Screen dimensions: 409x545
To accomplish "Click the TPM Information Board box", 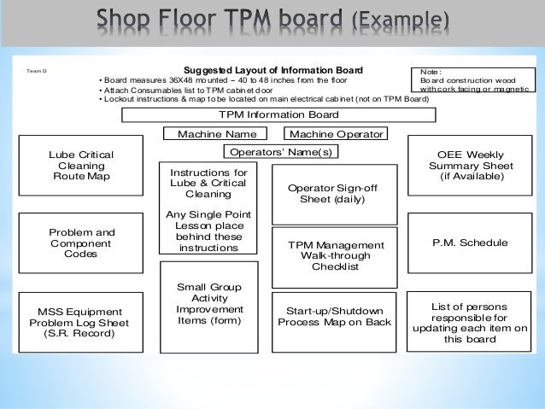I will pyautogui.click(x=278, y=115).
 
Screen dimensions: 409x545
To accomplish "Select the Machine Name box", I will pyautogui.click(x=217, y=134).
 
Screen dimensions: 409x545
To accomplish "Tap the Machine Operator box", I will pyautogui.click(x=336, y=134).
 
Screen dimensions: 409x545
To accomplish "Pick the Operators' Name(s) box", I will pyautogui.click(x=279, y=152).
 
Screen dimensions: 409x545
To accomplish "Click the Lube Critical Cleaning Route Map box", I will pyautogui.click(x=81, y=165).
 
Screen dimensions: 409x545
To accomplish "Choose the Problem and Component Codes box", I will pyautogui.click(x=81, y=242).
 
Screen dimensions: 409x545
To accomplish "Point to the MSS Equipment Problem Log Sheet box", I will pyautogui.click(x=81, y=322).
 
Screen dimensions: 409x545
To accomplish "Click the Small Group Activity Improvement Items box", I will pyautogui.click(x=209, y=304).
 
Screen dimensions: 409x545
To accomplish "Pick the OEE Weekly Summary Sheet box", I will pyautogui.click(x=472, y=165).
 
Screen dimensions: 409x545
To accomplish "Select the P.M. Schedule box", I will pyautogui.click(x=472, y=242).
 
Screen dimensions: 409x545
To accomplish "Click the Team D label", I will pyautogui.click(x=38, y=72).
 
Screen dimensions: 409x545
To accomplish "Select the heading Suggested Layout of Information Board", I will pyautogui.click(x=273, y=70).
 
